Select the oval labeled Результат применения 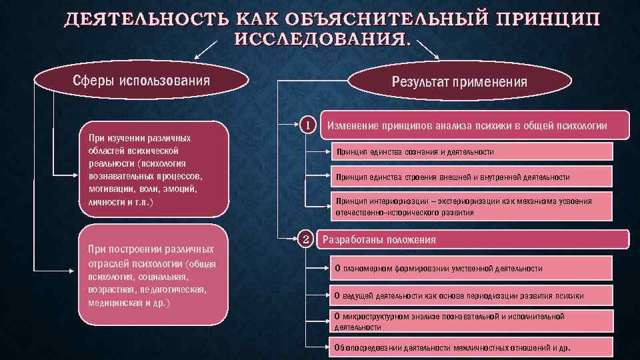point(459,82)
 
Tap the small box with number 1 point(305,125)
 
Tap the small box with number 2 point(305,239)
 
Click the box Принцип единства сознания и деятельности point(471,152)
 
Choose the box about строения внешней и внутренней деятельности point(471,177)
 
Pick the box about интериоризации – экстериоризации point(471,207)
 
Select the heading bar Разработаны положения point(473,239)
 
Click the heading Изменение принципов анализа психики point(474,125)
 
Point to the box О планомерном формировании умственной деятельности point(471,268)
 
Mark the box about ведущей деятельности point(471,295)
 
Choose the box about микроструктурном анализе point(471,321)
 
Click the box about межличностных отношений point(471,348)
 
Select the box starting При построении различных point(153,276)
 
